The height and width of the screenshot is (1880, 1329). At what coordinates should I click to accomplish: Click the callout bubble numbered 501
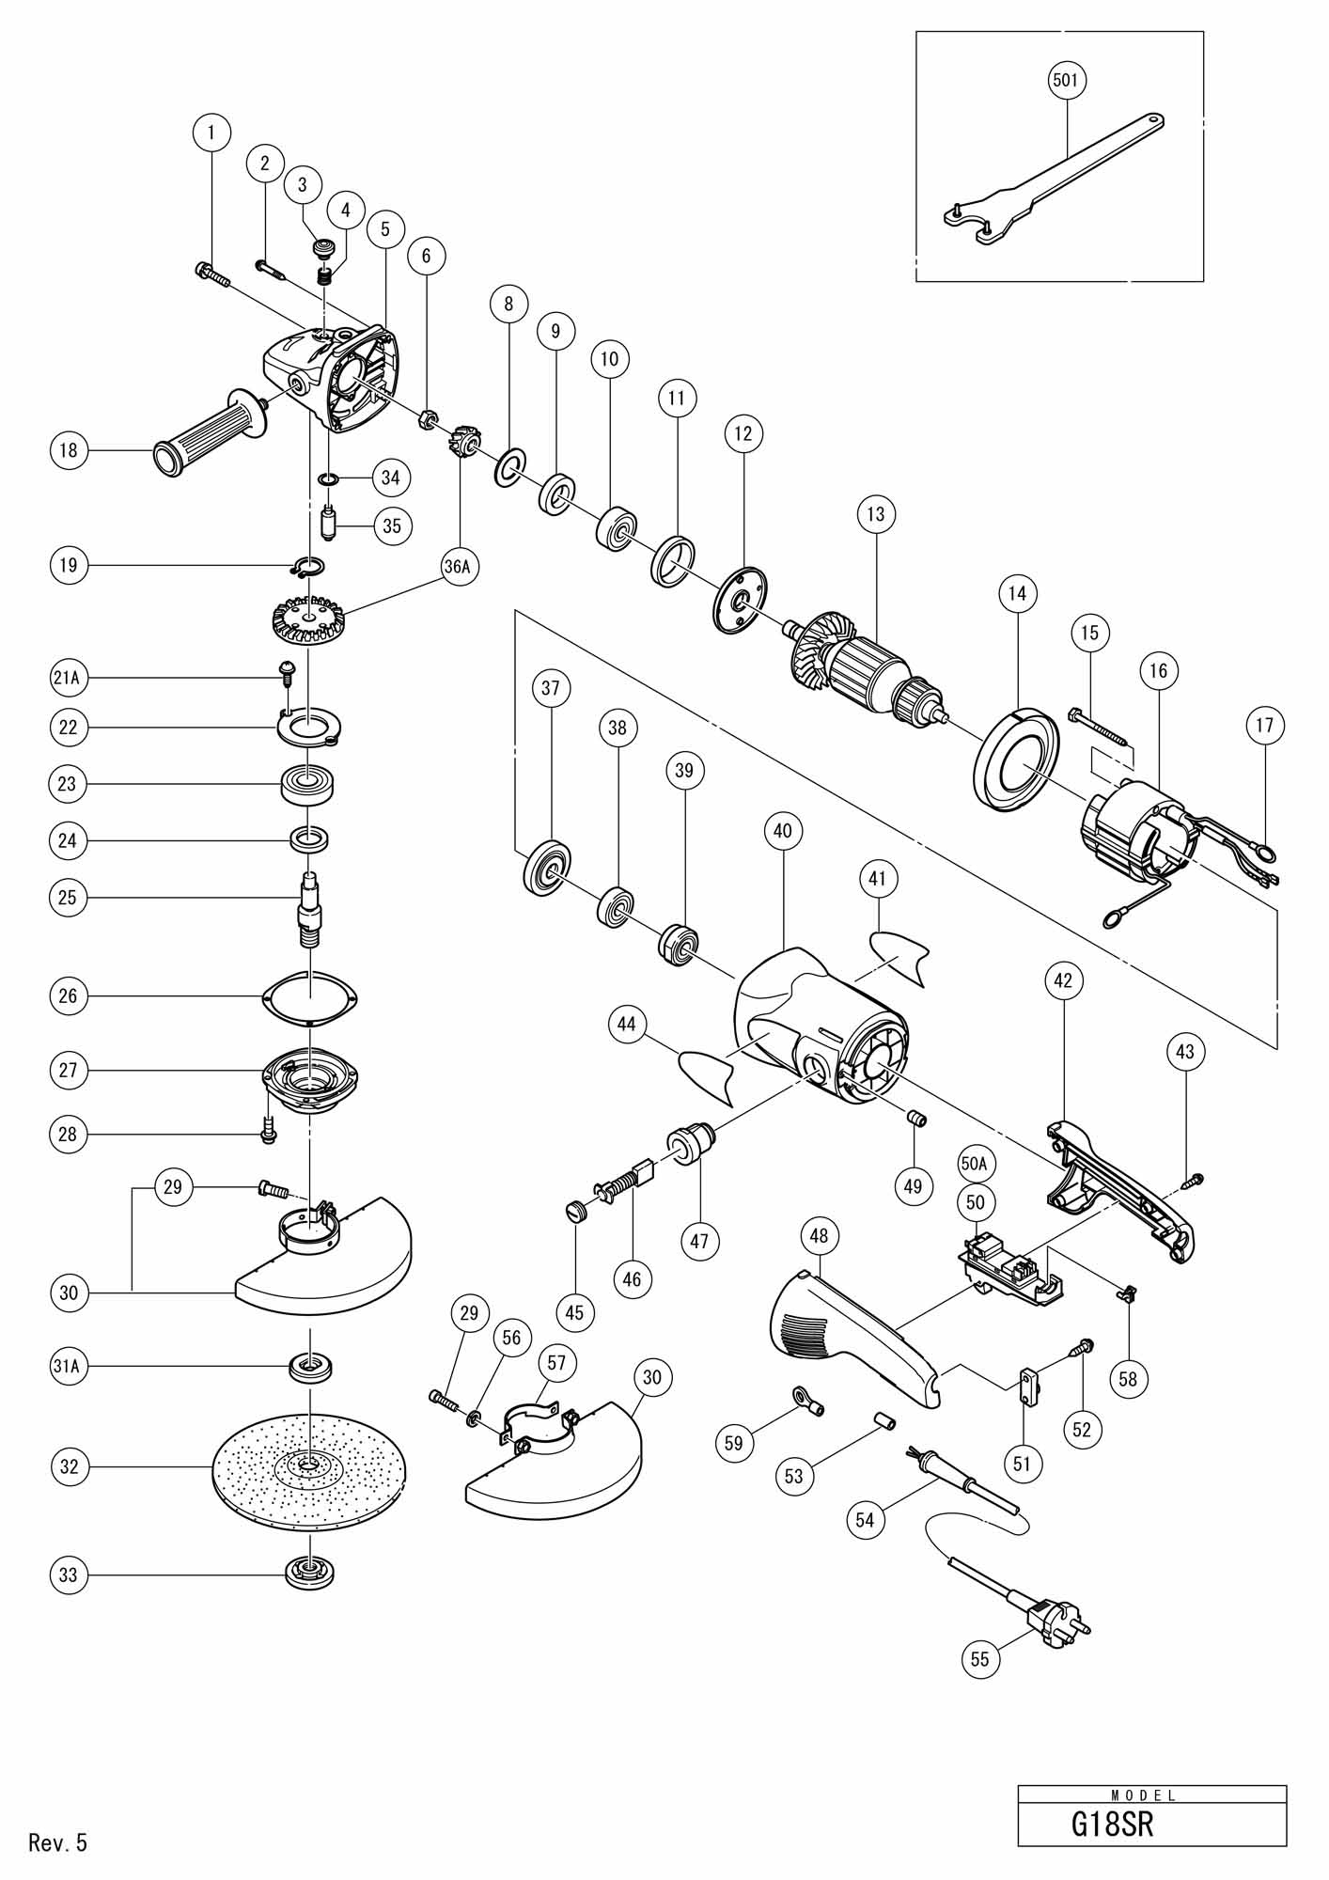1066,81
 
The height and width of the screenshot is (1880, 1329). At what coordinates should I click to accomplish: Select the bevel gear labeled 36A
309,621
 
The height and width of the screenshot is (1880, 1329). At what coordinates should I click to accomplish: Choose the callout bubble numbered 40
783,831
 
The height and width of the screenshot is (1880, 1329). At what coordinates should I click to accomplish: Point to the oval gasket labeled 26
309,996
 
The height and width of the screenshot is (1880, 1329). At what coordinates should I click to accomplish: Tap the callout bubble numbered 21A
68,677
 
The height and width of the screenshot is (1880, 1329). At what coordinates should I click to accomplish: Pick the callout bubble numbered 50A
976,1164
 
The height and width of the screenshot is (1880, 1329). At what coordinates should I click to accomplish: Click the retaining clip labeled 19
307,566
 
